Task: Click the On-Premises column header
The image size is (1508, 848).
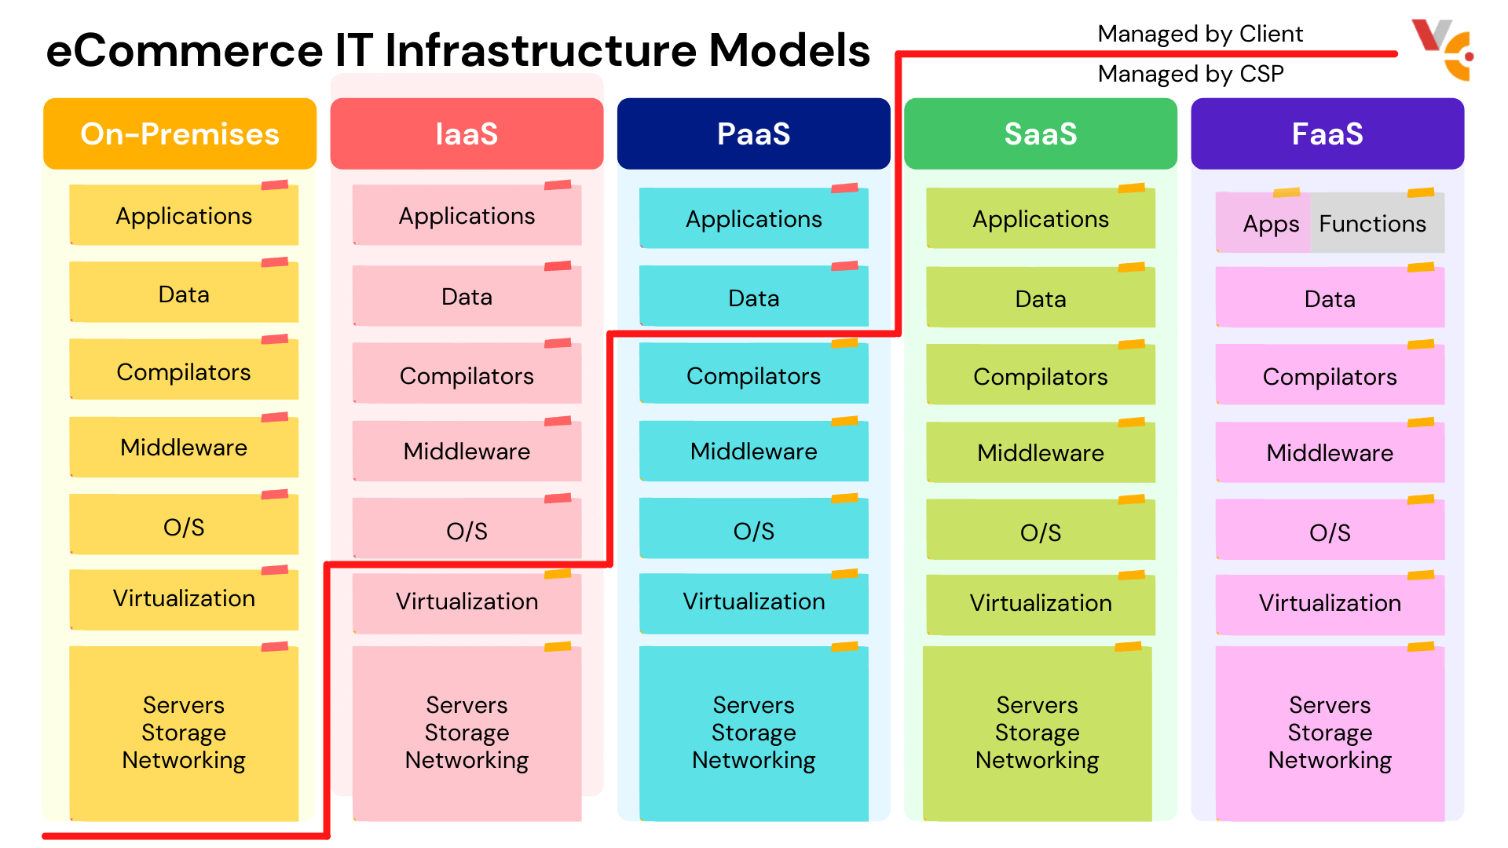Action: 180,133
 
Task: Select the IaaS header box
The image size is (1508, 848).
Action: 467,133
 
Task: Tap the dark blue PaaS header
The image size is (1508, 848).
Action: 753,133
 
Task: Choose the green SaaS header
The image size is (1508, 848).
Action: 1040,133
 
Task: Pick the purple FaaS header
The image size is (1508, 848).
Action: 1327,133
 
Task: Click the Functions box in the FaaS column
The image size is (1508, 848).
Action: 1374,224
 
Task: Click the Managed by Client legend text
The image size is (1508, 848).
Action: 1199,34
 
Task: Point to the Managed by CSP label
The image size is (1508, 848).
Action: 1190,74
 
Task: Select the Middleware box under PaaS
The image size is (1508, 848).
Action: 753,451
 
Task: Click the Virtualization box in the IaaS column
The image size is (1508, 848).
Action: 467,602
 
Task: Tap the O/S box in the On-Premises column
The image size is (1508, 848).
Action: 184,527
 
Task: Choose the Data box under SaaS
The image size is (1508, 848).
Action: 1040,298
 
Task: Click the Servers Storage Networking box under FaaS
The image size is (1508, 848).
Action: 1329,733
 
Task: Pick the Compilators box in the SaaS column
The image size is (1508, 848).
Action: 1040,377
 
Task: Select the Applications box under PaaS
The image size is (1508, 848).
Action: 753,219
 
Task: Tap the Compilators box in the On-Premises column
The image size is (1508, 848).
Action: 184,371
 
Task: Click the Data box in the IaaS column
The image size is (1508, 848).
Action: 467,297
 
